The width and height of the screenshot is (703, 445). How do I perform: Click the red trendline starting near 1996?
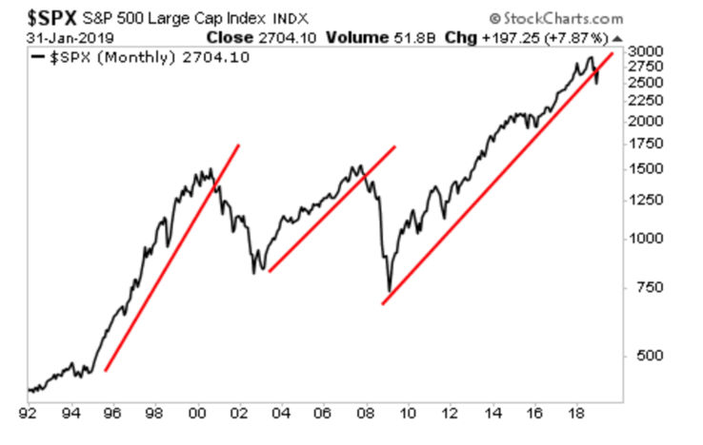[x=171, y=257]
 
